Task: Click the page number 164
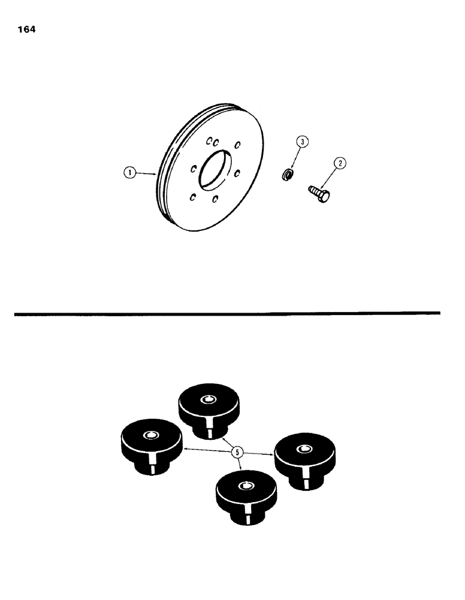pyautogui.click(x=27, y=29)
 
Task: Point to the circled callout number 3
pyautogui.click(x=303, y=142)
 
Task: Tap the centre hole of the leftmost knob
pyautogui.click(x=150, y=436)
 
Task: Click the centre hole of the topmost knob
pyautogui.click(x=208, y=400)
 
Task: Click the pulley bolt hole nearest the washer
pyautogui.click(x=237, y=173)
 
